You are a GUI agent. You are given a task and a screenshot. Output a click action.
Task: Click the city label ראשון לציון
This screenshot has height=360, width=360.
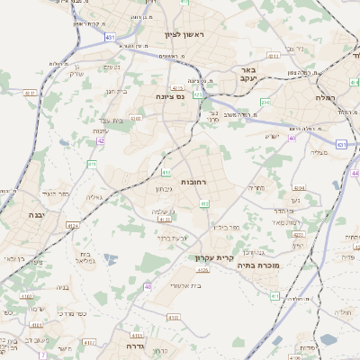(184, 34)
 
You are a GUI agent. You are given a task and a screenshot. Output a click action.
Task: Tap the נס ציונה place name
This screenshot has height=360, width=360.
(169, 96)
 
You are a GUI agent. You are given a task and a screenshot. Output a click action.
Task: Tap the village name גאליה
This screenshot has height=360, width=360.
(93, 196)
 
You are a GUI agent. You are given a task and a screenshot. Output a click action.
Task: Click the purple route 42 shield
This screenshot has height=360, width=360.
(101, 141)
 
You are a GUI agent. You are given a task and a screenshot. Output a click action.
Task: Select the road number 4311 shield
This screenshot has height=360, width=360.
(30, 93)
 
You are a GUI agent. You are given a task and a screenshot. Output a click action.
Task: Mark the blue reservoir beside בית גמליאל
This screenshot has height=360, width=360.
(110, 259)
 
